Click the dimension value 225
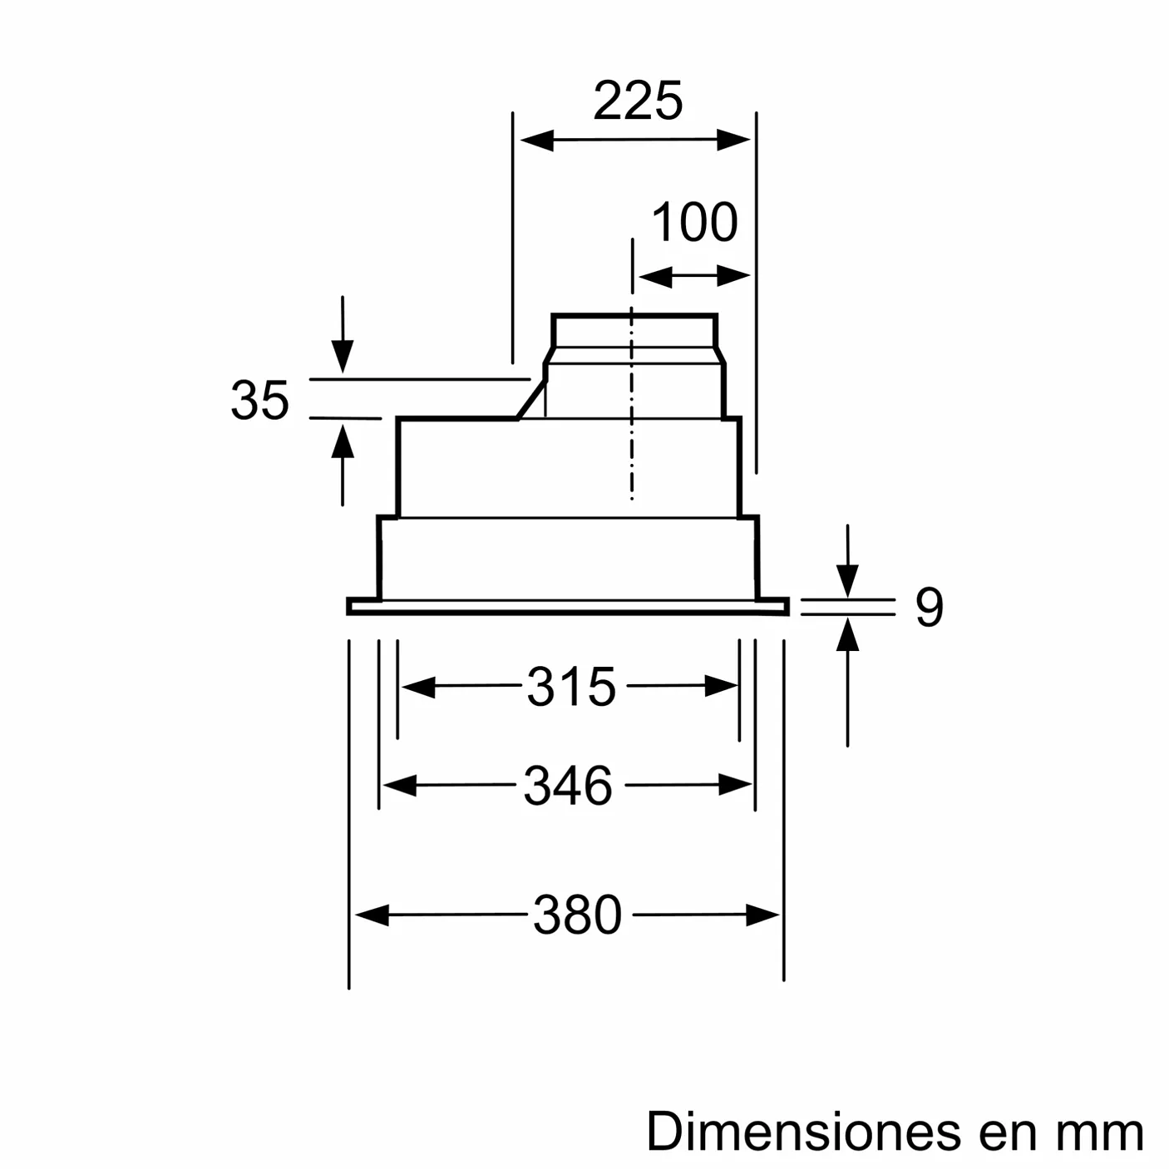tap(638, 101)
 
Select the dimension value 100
tap(694, 223)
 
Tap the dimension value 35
tap(259, 401)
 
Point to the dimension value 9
tap(929, 607)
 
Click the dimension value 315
tap(571, 688)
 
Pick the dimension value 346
tap(568, 786)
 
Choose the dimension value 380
tap(577, 915)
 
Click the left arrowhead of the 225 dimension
tap(536, 140)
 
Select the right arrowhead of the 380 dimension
tap(762, 915)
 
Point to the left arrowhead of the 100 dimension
tap(654, 276)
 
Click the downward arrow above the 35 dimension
tap(342, 354)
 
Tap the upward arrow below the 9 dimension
tap(847, 636)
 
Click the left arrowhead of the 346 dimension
tap(400, 785)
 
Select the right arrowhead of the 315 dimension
tap(721, 687)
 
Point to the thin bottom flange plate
tap(568, 607)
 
